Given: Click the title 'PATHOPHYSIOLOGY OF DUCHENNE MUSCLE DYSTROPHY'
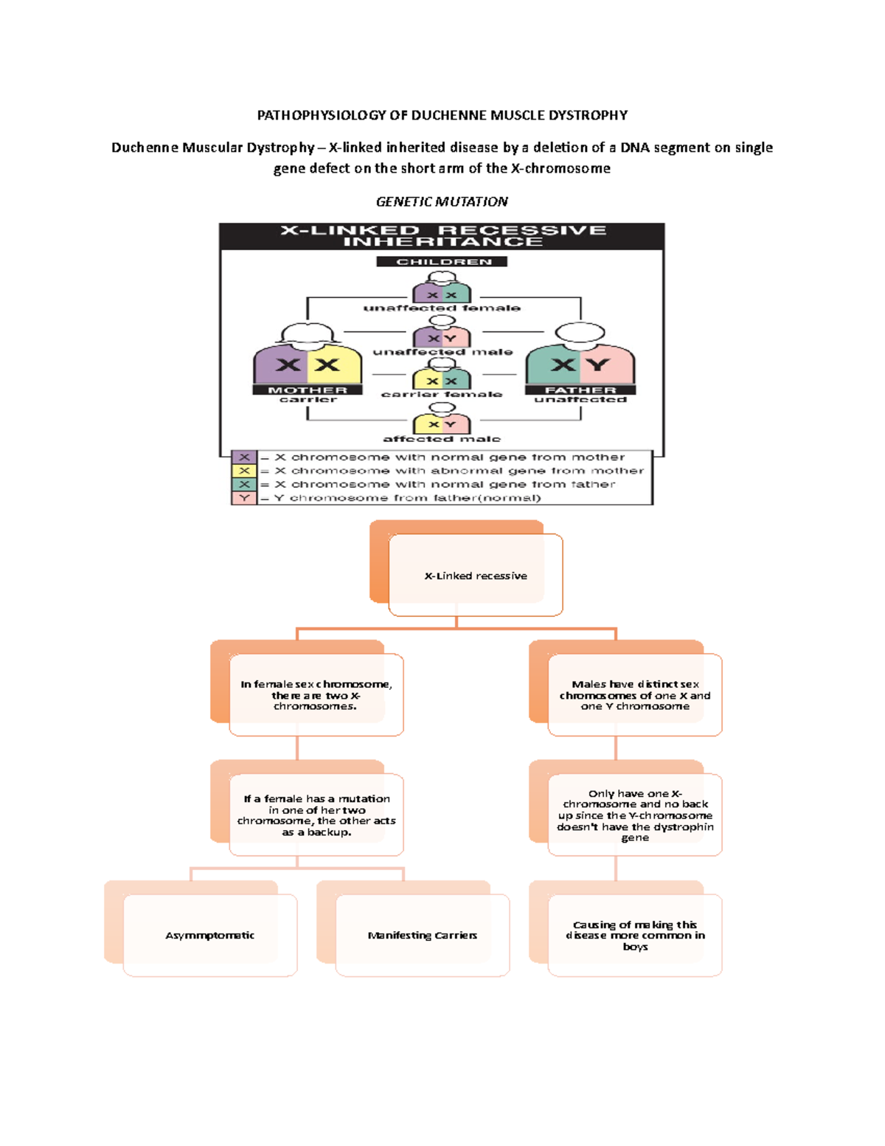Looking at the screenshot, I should click(442, 115).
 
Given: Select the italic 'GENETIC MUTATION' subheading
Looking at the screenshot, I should click(442, 201).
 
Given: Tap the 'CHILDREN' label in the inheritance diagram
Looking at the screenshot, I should click(442, 262).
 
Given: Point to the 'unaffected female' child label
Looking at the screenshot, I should click(442, 308).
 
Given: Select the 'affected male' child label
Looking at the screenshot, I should click(442, 439).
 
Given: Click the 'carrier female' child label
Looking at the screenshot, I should click(442, 395).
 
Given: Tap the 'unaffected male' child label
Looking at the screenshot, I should click(442, 352).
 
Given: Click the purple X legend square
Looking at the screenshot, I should click(244, 458).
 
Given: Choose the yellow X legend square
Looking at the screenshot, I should click(244, 471).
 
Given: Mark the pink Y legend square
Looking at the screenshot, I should click(244, 498).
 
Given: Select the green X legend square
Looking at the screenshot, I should click(244, 485).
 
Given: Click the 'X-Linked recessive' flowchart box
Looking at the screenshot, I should click(475, 576).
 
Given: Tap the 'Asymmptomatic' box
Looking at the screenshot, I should click(210, 935).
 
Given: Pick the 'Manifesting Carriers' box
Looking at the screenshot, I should click(423, 935).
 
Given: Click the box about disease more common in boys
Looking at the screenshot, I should click(635, 935).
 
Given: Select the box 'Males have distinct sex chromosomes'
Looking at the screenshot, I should click(635, 695).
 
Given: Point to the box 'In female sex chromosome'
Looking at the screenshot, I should click(316, 695).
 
